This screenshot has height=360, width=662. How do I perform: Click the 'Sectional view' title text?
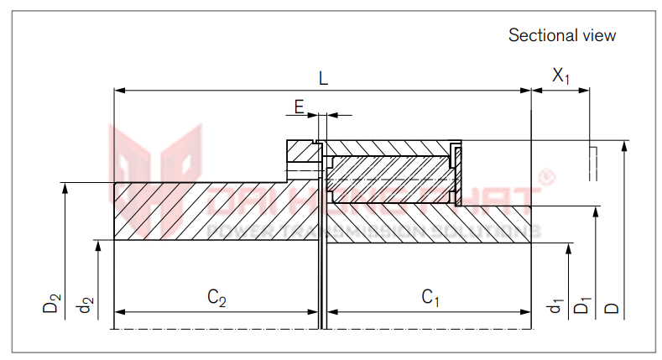tap(561, 35)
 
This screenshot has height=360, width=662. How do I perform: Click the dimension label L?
tap(323, 77)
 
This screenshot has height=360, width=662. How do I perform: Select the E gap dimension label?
tap(299, 106)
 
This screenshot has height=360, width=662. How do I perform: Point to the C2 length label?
tap(216, 297)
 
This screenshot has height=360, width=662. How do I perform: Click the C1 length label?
tap(430, 297)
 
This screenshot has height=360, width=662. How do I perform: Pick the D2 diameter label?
tap(52, 303)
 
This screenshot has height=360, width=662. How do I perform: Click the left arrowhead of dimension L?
tap(117, 88)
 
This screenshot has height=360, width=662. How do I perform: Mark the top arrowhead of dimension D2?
tap(65, 187)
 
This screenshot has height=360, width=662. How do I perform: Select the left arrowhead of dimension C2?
tap(117, 311)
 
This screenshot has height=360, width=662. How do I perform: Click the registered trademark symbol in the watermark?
tap(546, 177)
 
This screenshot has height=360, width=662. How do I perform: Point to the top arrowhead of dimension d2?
tap(98, 245)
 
